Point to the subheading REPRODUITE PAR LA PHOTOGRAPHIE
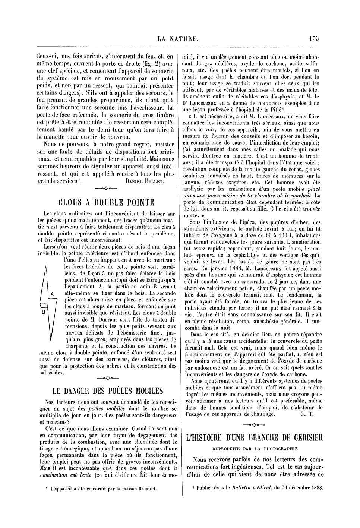[255, 449]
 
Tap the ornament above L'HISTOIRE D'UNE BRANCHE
[254, 424]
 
